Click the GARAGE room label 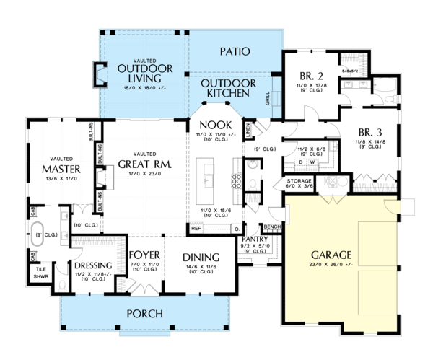click(x=332, y=255)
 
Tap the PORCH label click(x=143, y=313)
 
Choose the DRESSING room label click(x=92, y=265)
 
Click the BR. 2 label click(x=312, y=76)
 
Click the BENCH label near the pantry click(x=272, y=227)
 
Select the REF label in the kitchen click(x=196, y=228)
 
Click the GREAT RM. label click(x=145, y=164)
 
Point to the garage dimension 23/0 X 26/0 click(x=332, y=265)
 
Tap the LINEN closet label click(x=248, y=130)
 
